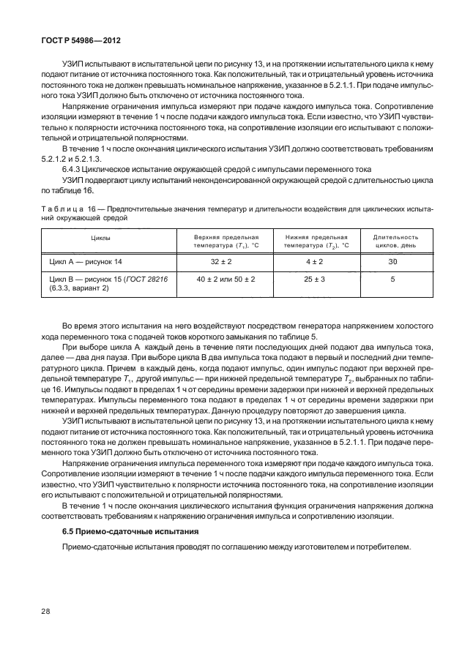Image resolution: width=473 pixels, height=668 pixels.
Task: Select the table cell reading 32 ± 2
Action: [224, 260]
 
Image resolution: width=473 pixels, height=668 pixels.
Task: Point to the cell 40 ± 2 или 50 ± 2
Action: [226, 279]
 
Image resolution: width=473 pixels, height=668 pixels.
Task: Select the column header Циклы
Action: [100, 238]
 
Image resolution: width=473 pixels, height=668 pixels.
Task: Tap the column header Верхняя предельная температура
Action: [226, 241]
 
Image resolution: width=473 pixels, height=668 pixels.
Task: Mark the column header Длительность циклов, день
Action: [395, 241]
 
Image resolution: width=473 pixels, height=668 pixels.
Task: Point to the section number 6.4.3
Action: [74, 168]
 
